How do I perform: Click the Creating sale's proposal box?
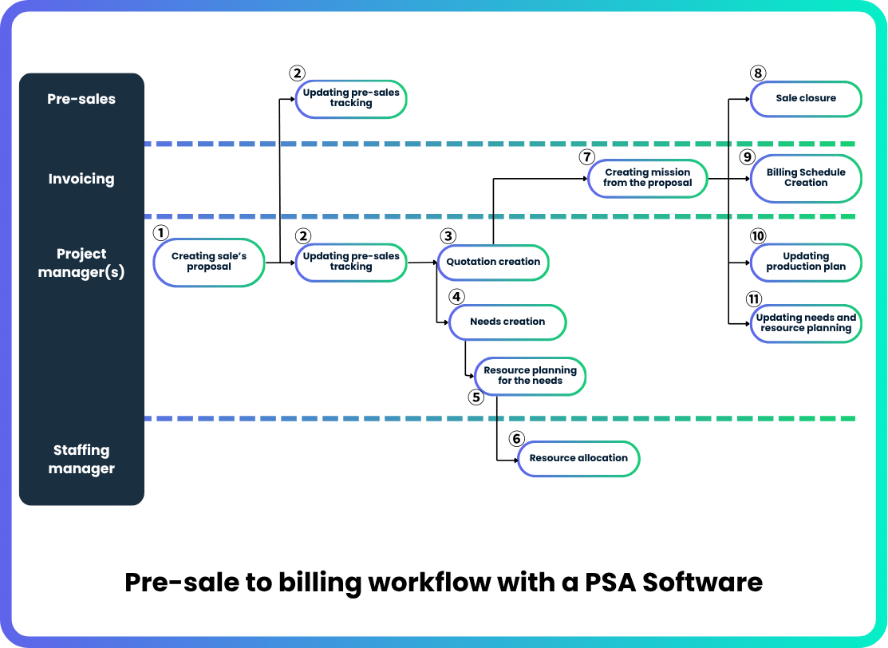tap(209, 262)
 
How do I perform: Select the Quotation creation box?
tap(493, 262)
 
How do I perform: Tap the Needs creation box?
tap(507, 322)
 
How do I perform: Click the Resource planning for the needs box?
tap(530, 376)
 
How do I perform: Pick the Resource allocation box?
tap(578, 458)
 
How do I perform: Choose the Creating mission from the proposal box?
tap(647, 178)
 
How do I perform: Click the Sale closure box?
tap(806, 98)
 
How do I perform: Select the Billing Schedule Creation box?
tap(806, 178)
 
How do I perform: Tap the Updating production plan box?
tap(806, 262)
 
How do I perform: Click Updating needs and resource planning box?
tap(806, 323)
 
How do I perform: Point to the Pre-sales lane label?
tap(81, 100)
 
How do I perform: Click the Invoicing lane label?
tap(81, 180)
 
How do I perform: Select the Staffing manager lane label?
tap(81, 460)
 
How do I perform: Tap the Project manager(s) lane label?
tap(81, 263)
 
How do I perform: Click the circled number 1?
tap(161, 232)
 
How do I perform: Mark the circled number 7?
tap(587, 156)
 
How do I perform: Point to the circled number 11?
tap(754, 299)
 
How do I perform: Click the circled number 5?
tap(476, 397)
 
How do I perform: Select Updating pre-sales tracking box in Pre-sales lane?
tap(351, 98)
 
